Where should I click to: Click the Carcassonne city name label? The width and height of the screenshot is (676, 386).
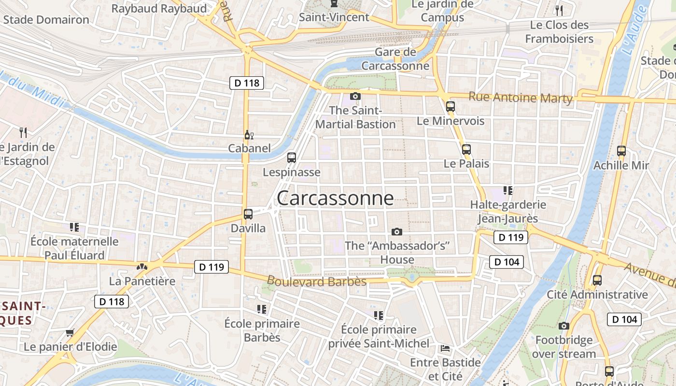[335, 198]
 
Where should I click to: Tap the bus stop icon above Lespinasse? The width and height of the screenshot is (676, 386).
[292, 157]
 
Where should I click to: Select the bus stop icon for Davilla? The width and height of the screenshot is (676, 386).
[248, 214]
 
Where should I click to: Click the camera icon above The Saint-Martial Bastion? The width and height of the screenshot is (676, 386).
[355, 96]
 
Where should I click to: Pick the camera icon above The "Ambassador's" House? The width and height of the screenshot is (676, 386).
[397, 232]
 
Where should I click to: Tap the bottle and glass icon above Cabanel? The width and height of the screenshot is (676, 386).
[249, 135]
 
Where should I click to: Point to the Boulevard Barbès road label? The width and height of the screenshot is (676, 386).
[316, 281]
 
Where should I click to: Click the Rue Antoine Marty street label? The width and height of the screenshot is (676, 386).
[521, 97]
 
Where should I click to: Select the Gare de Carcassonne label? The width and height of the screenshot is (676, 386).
[395, 59]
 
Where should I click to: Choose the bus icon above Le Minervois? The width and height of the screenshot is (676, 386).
[451, 107]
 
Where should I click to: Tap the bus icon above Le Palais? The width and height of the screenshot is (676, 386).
[466, 150]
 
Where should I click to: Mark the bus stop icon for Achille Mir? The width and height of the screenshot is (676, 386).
[621, 151]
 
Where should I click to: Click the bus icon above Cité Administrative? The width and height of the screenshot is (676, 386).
[597, 280]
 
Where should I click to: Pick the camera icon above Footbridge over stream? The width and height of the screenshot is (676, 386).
[563, 326]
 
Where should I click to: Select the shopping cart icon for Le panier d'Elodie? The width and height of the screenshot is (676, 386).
[70, 332]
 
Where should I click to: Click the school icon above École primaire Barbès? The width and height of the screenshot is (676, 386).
[262, 309]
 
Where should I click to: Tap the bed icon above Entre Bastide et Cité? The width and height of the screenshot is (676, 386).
[445, 348]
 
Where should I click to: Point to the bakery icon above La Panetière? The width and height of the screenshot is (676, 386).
[142, 266]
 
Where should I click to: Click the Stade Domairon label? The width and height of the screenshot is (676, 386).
[46, 20]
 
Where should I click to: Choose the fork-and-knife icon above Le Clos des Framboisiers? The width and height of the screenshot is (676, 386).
[559, 10]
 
